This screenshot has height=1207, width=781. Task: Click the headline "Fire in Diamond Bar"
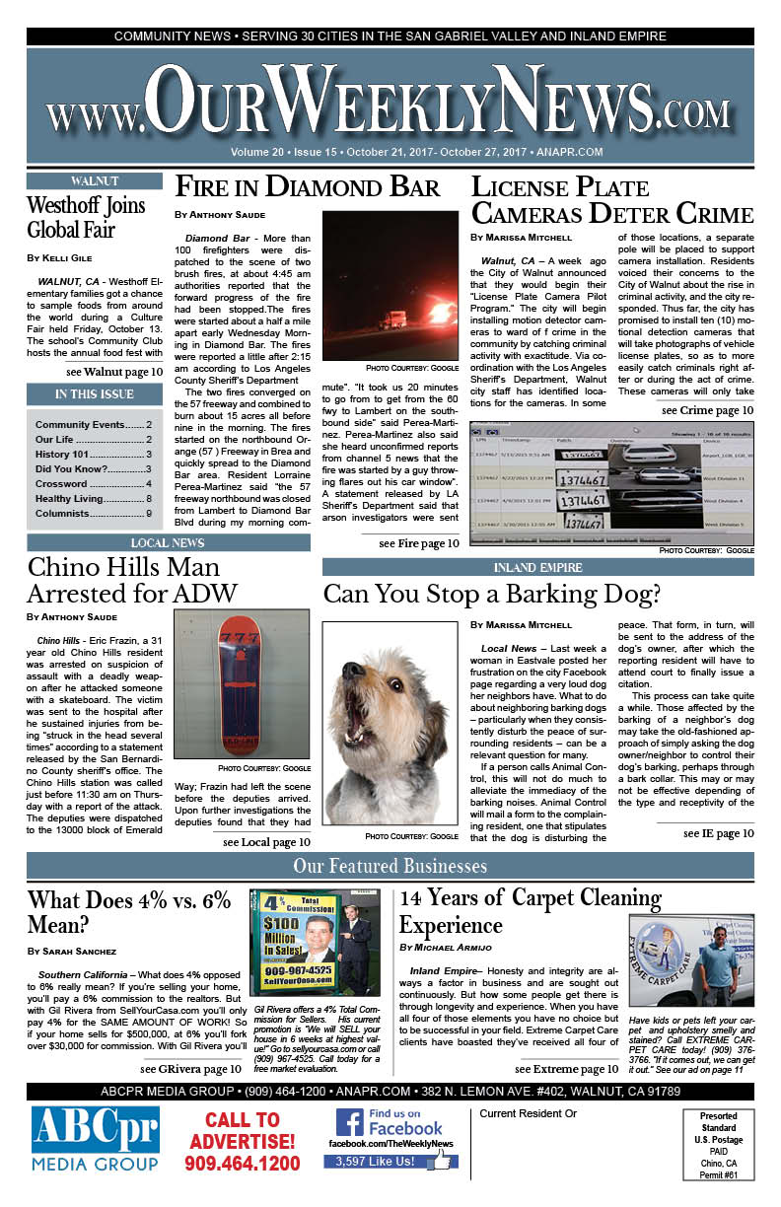coord(307,187)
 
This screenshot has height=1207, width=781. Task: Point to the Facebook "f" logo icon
coord(350,1123)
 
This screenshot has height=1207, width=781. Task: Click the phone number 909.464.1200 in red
coord(242,1165)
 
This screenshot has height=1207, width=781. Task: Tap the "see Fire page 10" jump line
coord(418,543)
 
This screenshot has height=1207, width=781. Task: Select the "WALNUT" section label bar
coord(95,181)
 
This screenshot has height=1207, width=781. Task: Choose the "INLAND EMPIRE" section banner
coord(538,568)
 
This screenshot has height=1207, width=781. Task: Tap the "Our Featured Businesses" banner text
coord(390,867)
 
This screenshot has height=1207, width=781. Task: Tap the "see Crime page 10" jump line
coord(708,410)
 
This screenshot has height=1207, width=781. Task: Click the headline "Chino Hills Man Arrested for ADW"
coord(132,581)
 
